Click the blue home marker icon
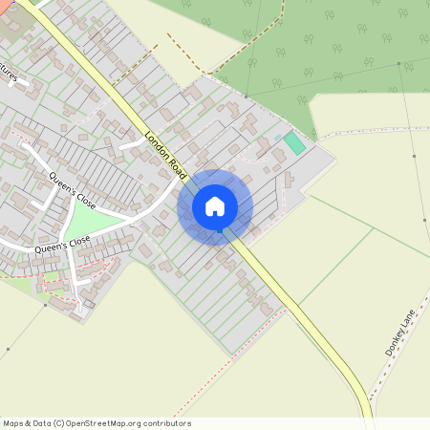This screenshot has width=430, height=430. pos(215,205)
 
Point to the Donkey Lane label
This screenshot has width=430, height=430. pos(401,332)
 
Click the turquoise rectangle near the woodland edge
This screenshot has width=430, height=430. pos(294,144)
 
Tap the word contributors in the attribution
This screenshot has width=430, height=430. pos(167,423)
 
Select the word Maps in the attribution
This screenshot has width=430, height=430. pos(13,423)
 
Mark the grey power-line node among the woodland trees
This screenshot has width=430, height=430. pos(247,96)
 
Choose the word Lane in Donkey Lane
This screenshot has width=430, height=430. pos(408,321)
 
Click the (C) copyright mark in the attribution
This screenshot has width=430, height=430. pos(59,423)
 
